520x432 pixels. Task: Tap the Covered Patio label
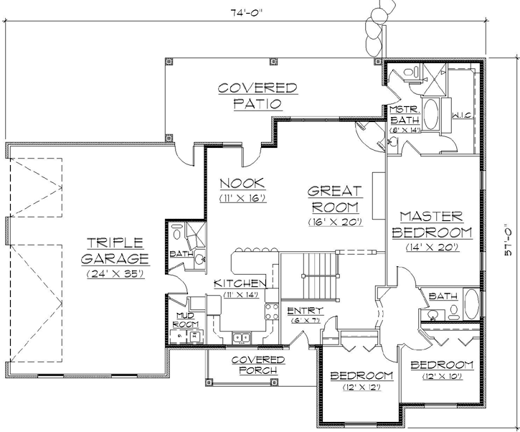click(257, 95)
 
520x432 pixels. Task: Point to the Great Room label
click(335, 199)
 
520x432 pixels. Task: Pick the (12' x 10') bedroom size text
click(442, 376)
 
